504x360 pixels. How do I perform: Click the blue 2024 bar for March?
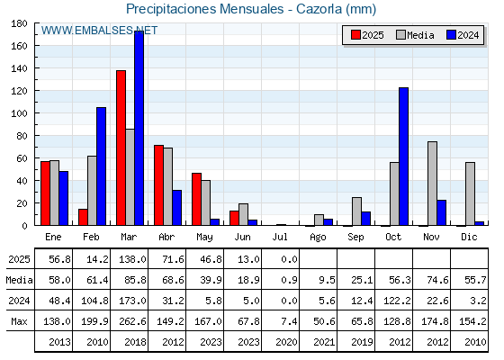139,128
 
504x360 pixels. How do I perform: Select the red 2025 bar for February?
83,217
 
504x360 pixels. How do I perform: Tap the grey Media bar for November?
432,184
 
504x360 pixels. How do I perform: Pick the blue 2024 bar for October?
404,157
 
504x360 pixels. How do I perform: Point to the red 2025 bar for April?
158,185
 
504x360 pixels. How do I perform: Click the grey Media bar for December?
470,193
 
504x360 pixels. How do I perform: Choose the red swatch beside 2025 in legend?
355,35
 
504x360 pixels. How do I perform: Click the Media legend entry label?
420,35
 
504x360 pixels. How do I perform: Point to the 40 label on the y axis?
19,181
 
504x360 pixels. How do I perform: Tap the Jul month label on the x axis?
280,237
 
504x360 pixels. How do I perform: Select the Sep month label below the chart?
355,237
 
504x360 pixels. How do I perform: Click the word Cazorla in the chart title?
319,9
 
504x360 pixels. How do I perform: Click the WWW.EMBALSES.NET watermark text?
99,31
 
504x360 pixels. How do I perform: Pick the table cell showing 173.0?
132,301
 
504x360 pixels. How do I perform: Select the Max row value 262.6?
132,321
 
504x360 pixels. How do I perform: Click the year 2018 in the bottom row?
135,342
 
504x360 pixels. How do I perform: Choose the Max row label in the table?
19,321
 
